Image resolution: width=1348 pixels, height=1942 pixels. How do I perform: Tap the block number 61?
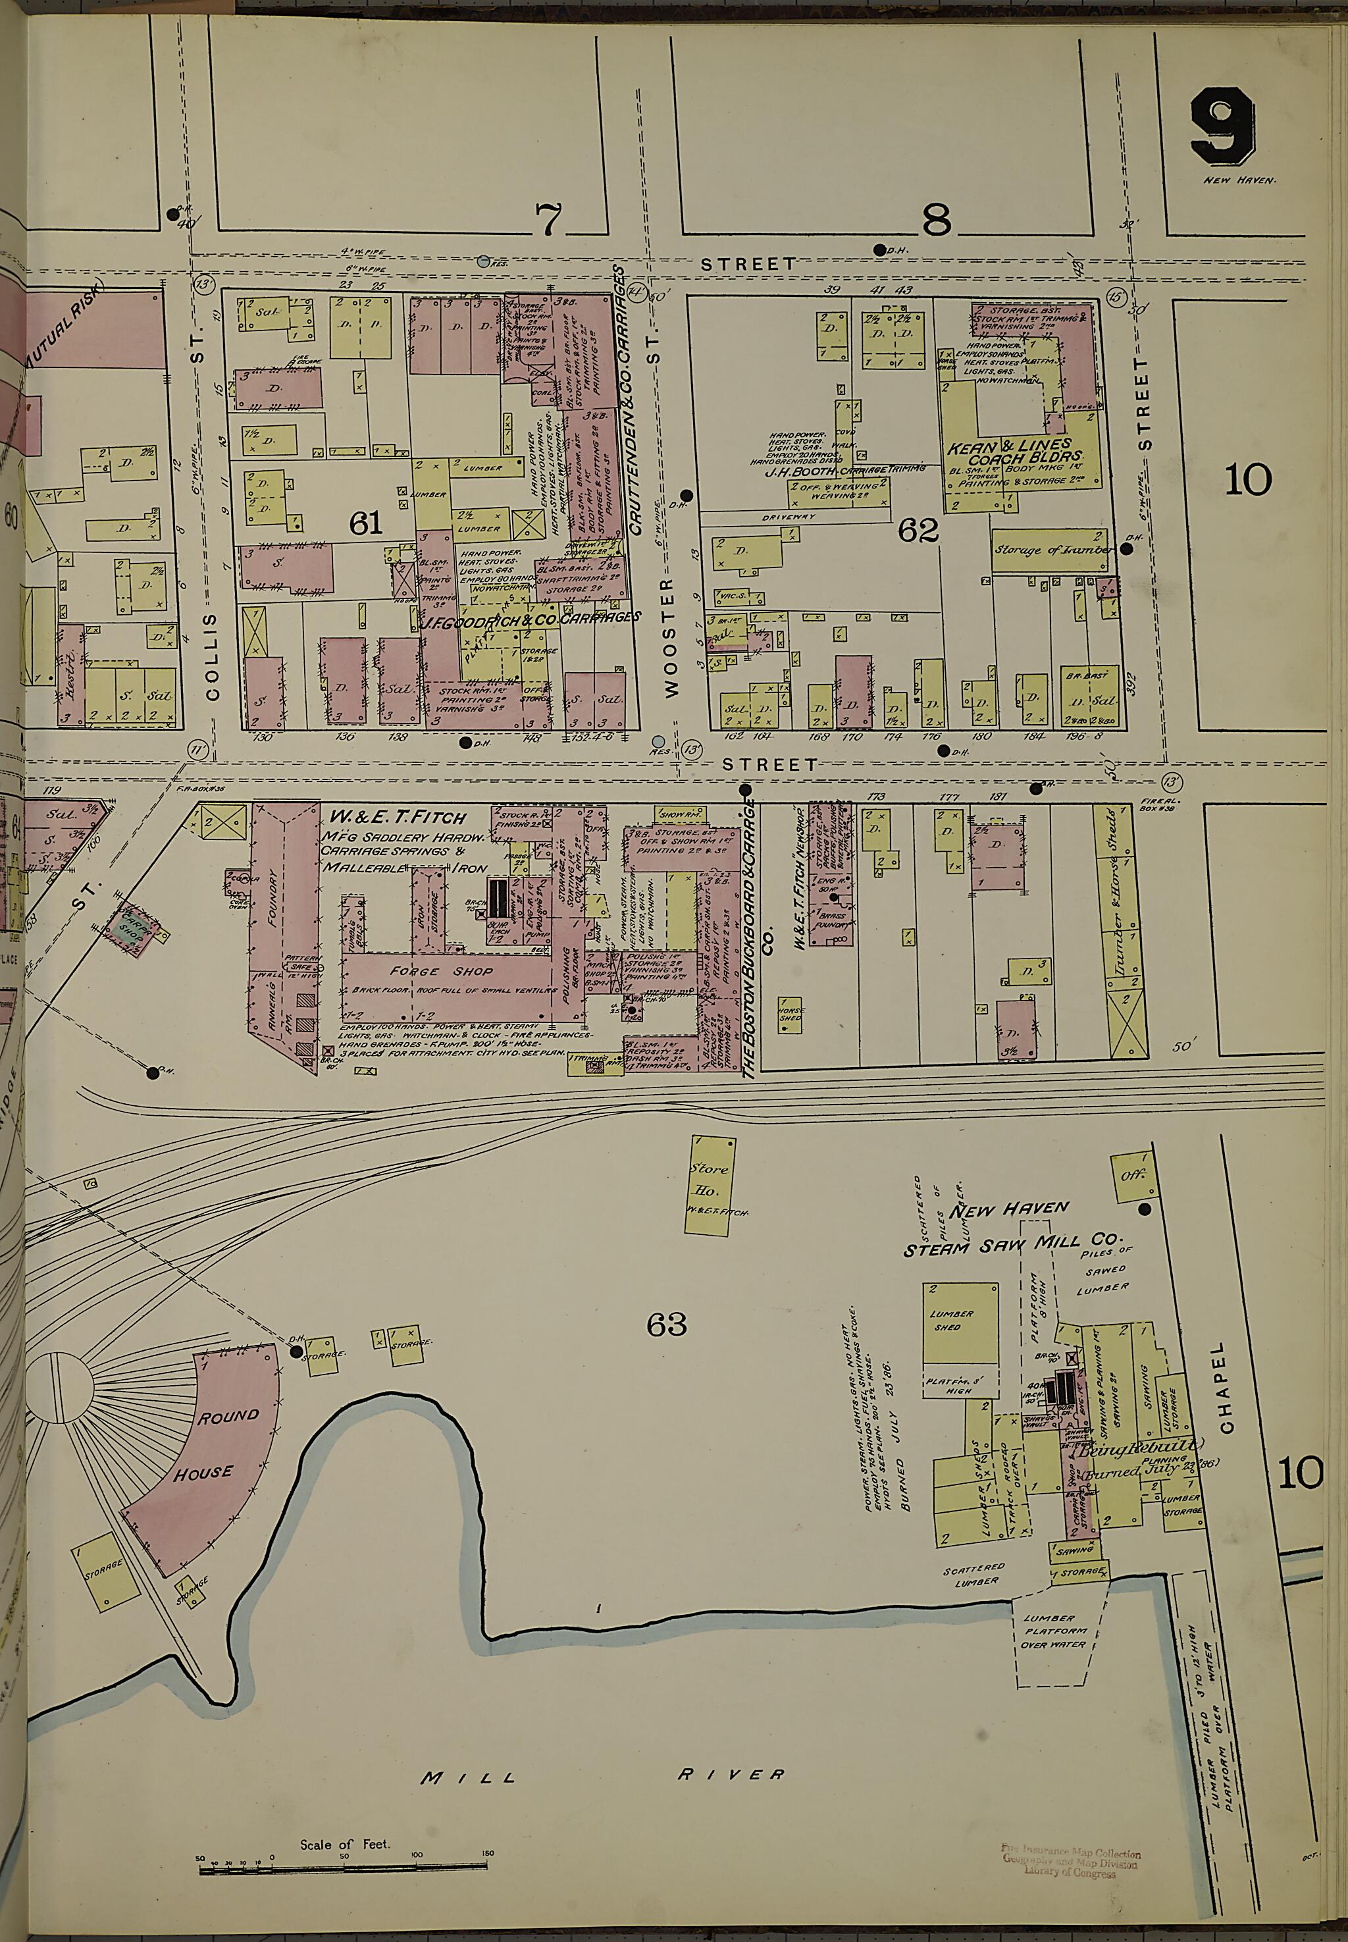[365, 525]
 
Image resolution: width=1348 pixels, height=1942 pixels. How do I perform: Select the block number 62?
[919, 531]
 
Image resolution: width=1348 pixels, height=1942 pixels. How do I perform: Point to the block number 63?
[666, 1325]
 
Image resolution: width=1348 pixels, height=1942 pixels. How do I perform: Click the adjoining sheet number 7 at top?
[548, 221]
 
